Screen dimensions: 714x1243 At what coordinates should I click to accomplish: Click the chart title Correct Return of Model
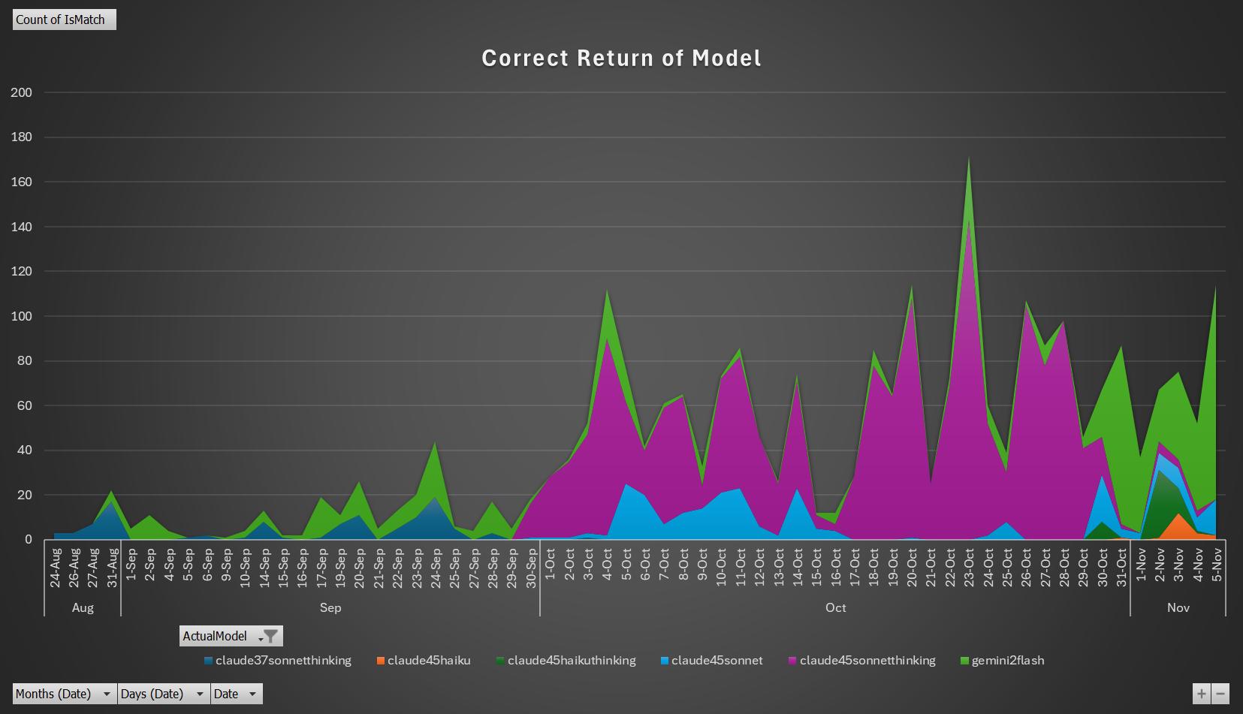(621, 59)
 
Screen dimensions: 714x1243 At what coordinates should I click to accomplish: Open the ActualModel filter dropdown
(269, 636)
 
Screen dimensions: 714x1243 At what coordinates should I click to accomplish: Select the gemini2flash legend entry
(1002, 661)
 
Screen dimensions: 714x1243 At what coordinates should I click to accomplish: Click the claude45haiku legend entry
(424, 661)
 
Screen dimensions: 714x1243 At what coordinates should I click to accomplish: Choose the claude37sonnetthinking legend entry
(277, 661)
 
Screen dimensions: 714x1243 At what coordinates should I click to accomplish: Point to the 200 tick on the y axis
(22, 92)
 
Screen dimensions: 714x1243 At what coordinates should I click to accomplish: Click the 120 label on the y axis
(22, 272)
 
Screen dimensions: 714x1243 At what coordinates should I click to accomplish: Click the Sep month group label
(330, 607)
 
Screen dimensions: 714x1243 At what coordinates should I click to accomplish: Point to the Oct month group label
(835, 607)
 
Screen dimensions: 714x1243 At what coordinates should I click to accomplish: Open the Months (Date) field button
(64, 694)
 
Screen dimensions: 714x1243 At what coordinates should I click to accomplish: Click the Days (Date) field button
(164, 694)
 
